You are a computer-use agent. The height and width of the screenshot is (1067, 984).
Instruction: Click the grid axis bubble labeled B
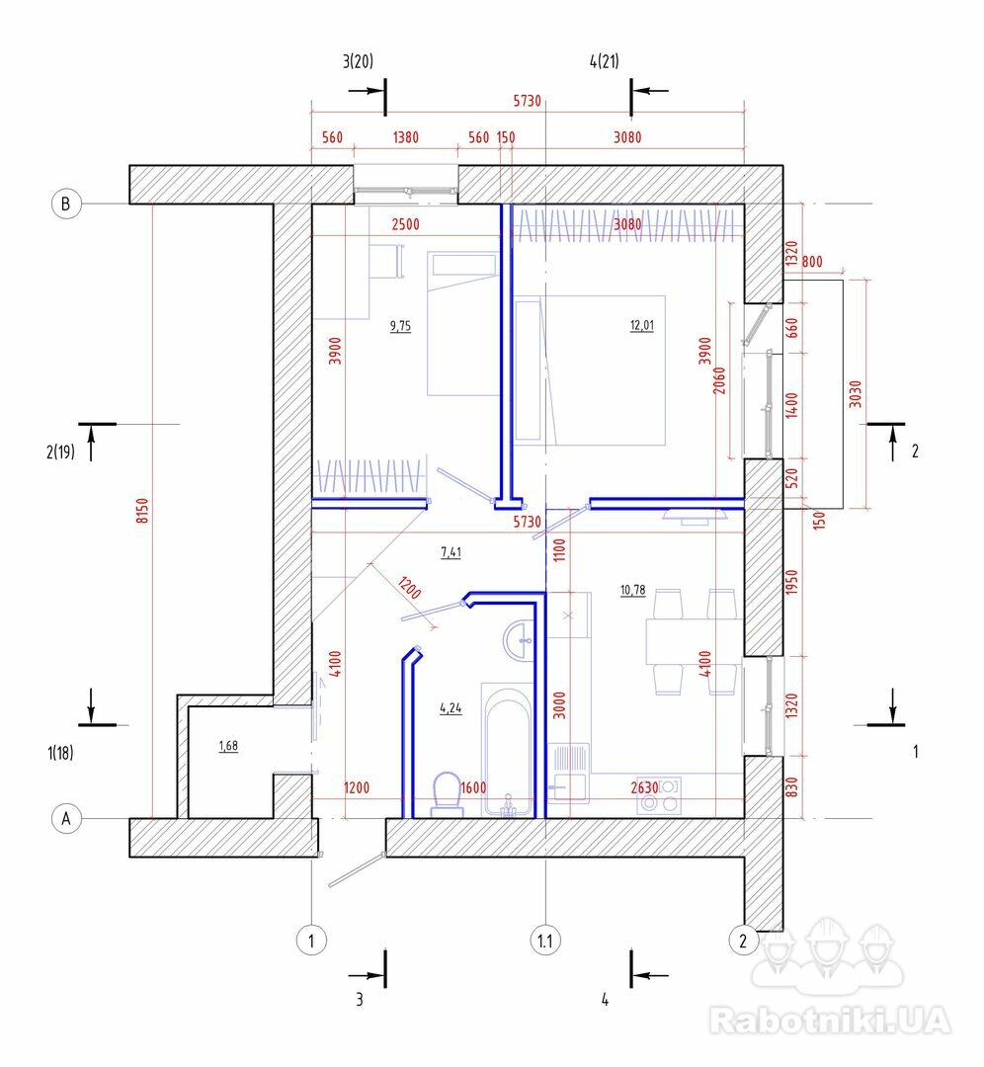[66, 204]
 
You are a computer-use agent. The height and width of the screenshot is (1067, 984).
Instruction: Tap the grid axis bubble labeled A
[66, 818]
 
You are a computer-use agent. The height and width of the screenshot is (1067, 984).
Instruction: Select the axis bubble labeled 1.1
[545, 941]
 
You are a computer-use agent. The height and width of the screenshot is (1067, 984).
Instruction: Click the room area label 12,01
[642, 325]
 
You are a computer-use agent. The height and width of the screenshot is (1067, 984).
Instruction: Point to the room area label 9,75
[400, 326]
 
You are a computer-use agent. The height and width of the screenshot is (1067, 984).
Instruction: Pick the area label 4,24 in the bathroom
[451, 708]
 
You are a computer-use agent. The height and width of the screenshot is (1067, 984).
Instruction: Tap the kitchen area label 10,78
[633, 590]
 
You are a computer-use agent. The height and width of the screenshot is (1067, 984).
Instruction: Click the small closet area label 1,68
[228, 746]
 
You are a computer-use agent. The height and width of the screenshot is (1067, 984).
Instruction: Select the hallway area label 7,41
[451, 552]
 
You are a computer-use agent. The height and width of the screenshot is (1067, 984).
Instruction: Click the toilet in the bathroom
[448, 794]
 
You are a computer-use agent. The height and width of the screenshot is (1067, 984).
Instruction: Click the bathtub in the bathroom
[508, 750]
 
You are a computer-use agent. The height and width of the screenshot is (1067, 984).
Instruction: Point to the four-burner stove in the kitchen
[659, 795]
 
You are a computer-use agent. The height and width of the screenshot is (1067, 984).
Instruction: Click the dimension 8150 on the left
[141, 511]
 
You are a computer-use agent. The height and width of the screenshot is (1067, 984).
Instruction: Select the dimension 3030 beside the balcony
[856, 394]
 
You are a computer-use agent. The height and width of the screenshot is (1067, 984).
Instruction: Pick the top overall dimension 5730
[528, 101]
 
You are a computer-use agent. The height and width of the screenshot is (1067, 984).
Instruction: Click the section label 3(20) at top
[358, 61]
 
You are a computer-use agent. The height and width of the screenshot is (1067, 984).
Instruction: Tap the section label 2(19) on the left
[60, 451]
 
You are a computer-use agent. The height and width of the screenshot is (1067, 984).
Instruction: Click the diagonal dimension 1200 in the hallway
[409, 587]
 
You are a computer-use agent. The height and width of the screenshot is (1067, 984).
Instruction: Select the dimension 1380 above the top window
[406, 137]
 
